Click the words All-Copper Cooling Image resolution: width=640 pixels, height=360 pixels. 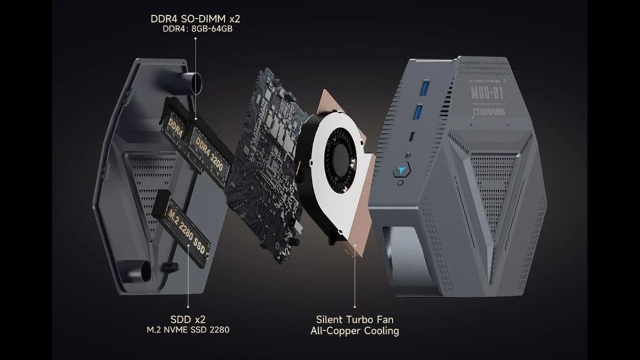coord(354,330)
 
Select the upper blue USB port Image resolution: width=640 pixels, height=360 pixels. coord(416,85)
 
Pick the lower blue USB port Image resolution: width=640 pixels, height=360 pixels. coord(414,113)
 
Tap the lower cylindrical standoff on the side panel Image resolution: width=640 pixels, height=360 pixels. coord(145,272)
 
